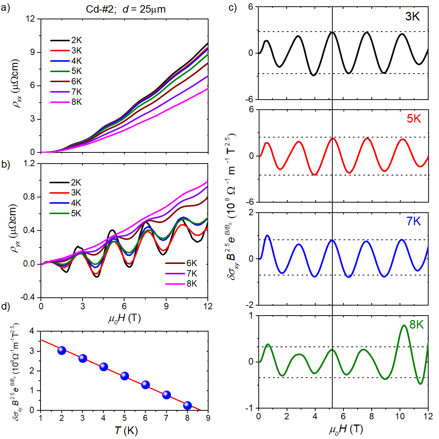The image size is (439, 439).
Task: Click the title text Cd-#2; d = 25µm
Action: [125, 9]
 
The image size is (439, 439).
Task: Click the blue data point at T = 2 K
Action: [62, 350]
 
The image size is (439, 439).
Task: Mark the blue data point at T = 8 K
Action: [187, 405]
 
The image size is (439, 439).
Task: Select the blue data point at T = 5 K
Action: [125, 376]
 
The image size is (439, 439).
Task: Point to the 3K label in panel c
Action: [412, 17]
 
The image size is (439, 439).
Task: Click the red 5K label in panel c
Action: [413, 119]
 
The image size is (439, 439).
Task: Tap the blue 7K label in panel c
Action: [413, 222]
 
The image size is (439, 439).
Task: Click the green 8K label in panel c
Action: [416, 325]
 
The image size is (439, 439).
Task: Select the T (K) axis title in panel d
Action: [126, 431]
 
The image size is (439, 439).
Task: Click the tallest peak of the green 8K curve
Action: [404, 325]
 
